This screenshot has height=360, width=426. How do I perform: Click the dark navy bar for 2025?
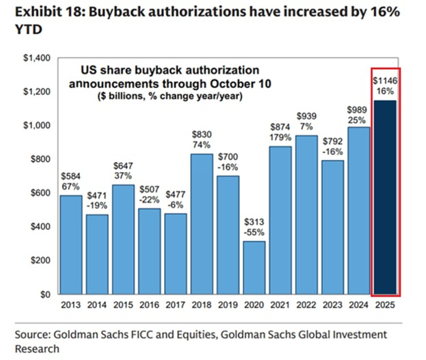click(x=386, y=198)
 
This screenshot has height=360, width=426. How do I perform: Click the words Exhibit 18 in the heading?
click(x=41, y=12)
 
